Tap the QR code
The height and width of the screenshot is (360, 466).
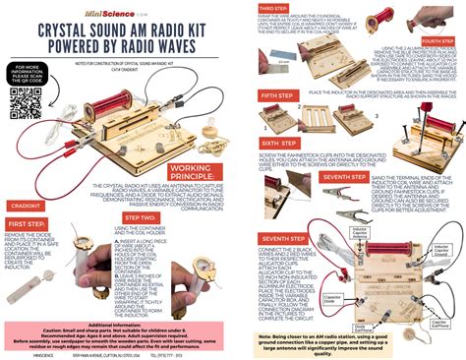[x=29, y=102]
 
